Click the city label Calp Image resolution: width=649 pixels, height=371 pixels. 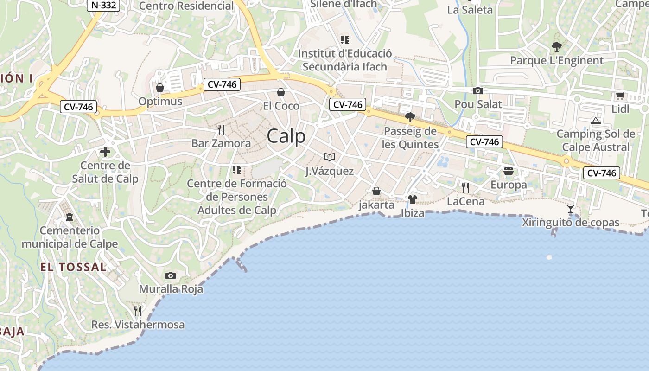coord(286,136)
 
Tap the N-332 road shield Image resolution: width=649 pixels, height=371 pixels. coord(104,5)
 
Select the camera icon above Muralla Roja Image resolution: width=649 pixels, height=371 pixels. coord(171,276)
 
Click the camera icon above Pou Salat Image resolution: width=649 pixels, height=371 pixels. coord(478,91)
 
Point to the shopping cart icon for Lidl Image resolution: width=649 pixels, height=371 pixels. coord(620,96)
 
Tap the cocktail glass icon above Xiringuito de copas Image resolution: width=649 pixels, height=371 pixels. coord(571,209)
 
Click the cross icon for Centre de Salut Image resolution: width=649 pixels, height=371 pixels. coord(105,152)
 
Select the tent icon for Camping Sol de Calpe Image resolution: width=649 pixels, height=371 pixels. coord(596,121)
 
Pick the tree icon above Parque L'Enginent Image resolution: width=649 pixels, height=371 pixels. coord(556,47)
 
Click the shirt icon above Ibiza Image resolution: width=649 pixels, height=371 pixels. coord(413,200)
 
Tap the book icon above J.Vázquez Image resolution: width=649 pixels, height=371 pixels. coord(330,157)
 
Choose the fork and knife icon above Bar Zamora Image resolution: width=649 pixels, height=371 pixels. coord(221,129)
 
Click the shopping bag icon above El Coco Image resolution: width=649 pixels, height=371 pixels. coord(280,92)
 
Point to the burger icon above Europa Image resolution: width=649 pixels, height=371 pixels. coord(509,171)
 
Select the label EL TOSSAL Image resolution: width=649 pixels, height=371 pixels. coord(73,267)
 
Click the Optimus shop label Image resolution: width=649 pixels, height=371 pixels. coord(160,101)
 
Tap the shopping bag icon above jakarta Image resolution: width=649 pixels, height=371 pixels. coord(376,191)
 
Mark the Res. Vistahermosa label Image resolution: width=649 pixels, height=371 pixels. coord(138,325)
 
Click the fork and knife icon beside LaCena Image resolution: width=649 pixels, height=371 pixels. coord(465,187)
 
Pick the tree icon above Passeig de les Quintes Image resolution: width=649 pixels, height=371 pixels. coord(410,117)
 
